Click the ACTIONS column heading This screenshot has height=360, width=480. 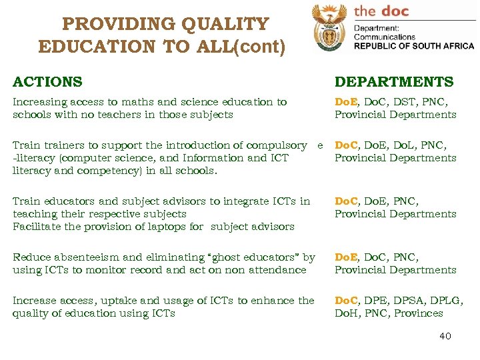47,82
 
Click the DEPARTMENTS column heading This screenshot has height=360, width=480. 393,82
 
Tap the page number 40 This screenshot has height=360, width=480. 445,336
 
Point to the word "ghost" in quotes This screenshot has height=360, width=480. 227,257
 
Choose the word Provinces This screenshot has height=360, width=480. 418,313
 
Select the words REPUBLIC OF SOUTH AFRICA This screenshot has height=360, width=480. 413,46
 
